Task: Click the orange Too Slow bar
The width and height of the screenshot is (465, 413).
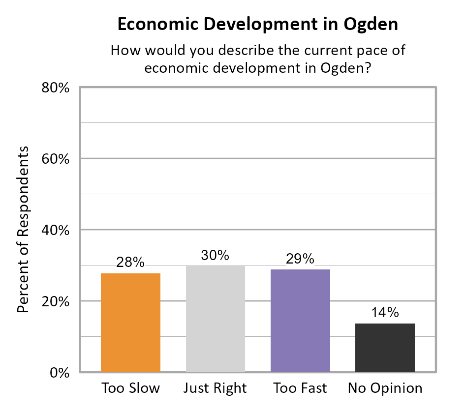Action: click(x=130, y=323)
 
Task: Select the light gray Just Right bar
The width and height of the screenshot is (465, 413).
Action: click(x=215, y=319)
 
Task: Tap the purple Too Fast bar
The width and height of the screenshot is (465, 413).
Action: click(x=300, y=321)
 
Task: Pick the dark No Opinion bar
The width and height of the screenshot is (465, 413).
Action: click(x=385, y=348)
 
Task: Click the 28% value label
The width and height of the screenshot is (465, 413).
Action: click(x=130, y=263)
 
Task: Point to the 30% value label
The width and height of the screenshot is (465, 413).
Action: click(x=215, y=256)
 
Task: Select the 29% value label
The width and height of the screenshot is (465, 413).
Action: click(x=300, y=259)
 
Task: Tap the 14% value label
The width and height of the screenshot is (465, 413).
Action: click(x=385, y=313)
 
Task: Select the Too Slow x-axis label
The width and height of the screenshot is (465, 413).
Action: click(x=130, y=388)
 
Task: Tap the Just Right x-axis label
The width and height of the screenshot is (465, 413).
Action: click(x=215, y=388)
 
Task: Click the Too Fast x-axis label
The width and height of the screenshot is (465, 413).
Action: click(x=300, y=388)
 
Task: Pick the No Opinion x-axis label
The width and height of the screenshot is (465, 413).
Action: click(x=385, y=388)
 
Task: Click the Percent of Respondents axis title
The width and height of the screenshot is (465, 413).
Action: click(x=23, y=230)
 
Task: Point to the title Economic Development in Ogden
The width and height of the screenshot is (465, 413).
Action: click(x=257, y=25)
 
